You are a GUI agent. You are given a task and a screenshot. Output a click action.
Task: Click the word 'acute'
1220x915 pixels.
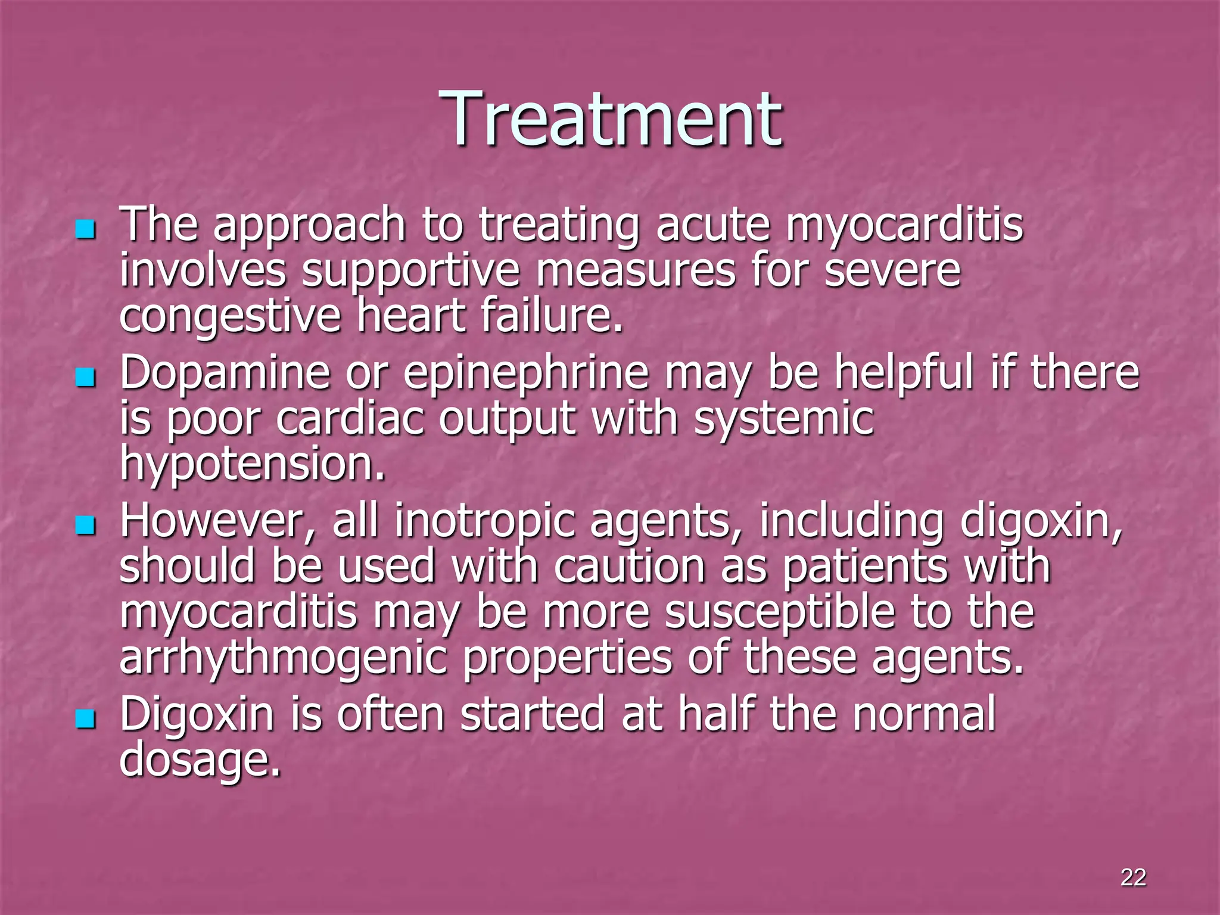click(712, 225)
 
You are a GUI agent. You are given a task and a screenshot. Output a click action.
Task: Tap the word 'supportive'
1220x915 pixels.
click(410, 272)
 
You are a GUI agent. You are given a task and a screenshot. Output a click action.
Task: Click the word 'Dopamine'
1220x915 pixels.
click(225, 374)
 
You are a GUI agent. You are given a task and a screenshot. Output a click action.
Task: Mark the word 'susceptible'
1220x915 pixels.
click(780, 613)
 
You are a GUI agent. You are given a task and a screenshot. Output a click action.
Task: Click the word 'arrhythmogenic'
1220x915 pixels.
click(283, 659)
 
